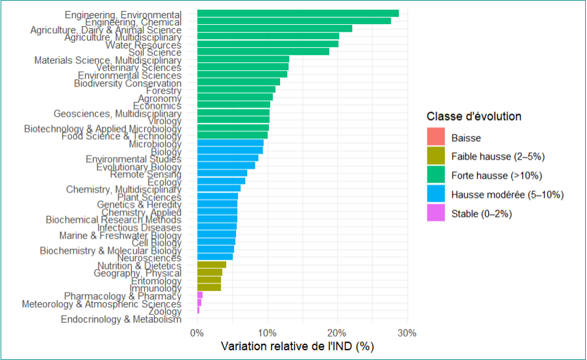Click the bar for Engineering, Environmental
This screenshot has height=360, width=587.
[298, 14]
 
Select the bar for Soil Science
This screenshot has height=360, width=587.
[263, 52]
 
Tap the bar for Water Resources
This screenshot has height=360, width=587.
[268, 44]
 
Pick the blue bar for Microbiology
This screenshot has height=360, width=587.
[230, 143]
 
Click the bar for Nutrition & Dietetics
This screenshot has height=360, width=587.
[211, 265]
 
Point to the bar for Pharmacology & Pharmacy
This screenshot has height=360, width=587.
[199, 295]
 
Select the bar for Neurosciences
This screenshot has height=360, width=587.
[215, 257]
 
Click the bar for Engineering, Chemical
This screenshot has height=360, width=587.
[294, 21]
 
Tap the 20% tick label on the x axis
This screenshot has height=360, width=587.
[337, 333]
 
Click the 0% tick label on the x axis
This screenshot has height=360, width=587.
[196, 333]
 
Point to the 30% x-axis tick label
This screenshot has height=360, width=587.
[407, 333]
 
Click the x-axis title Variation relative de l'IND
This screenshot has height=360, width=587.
[298, 346]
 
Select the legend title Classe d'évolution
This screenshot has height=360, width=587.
[474, 117]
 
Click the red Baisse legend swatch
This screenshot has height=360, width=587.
[436, 138]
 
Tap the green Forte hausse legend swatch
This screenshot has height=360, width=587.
[436, 176]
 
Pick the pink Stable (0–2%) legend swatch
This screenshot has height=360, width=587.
[436, 214]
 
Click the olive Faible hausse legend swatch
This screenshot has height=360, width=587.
[436, 156]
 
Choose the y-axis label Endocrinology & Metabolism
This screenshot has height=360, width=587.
[121, 319]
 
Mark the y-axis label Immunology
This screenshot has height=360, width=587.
[155, 288]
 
